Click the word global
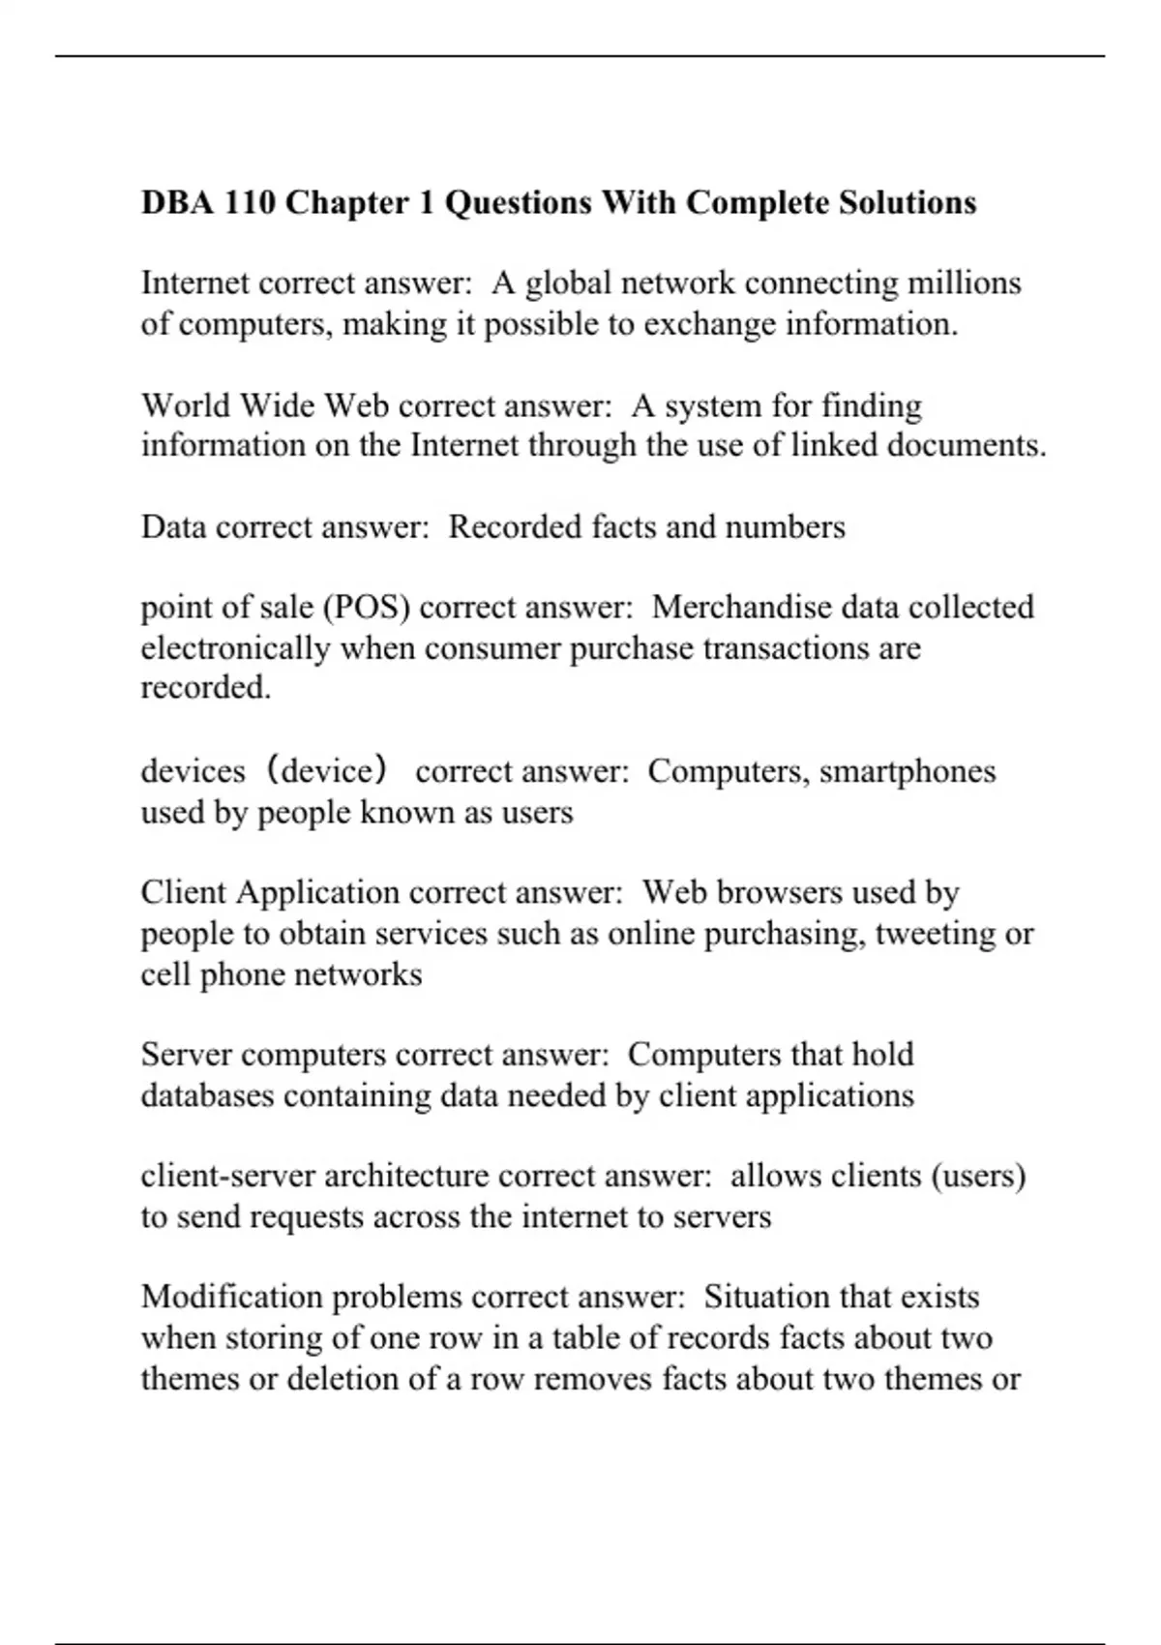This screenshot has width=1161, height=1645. click(568, 284)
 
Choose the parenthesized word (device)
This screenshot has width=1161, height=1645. click(329, 771)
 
